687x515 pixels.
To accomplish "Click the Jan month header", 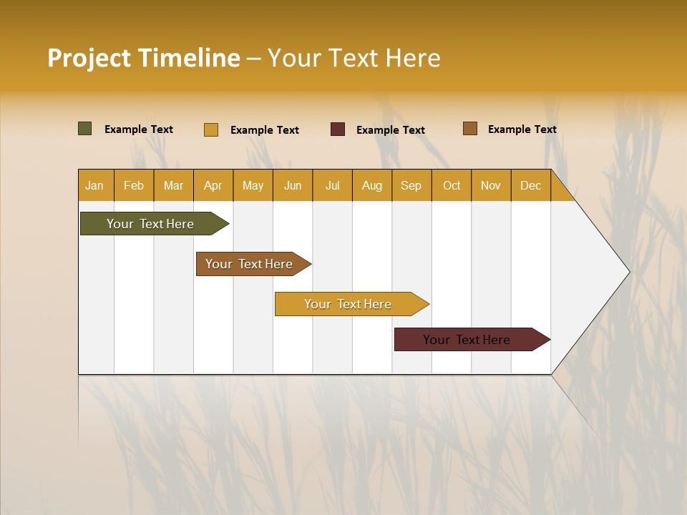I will point(94,186).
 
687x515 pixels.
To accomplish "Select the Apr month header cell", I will point(213,186).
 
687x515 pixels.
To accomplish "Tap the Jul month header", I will point(332,186).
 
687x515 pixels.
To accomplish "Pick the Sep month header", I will point(411,186).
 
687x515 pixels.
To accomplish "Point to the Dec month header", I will point(530,186).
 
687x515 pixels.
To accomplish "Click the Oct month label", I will point(452,186).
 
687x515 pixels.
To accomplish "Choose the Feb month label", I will point(134,186).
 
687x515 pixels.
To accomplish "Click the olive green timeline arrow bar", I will point(150,224).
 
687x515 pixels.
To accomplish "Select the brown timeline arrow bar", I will point(249,264).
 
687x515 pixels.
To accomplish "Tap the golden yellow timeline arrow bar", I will point(348,304).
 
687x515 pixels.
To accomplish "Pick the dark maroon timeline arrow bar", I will point(467,340).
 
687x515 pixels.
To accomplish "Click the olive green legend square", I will point(84,129).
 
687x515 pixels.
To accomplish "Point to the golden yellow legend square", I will point(211,129).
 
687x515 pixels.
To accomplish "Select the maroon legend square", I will point(338,129).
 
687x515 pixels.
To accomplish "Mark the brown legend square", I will point(469,129).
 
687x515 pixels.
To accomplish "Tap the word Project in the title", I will point(89,58).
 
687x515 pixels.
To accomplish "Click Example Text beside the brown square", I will point(522,129).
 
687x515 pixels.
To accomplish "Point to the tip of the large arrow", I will point(628,272).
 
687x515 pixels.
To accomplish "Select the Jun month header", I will point(293,186).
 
